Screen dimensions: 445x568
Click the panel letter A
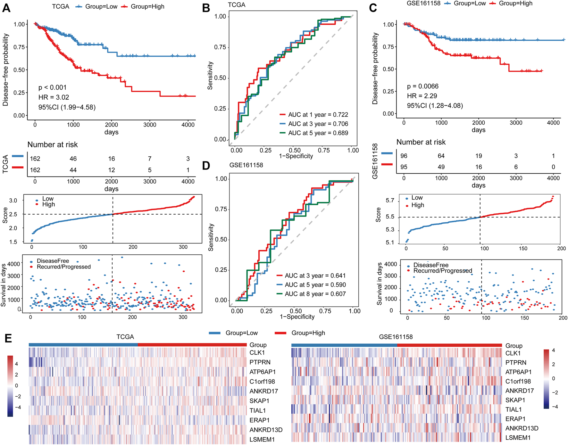(x=6, y=8)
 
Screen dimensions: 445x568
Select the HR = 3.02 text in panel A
(x=54, y=97)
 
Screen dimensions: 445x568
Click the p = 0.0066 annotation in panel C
(x=422, y=87)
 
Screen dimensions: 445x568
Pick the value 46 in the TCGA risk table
(x=73, y=159)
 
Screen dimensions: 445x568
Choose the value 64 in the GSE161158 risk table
(x=441, y=156)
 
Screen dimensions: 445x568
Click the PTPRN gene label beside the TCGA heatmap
(x=260, y=362)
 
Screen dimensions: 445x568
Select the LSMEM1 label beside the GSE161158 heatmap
(x=518, y=438)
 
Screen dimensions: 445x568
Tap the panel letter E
(x=8, y=338)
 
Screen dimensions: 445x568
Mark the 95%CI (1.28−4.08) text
(x=435, y=105)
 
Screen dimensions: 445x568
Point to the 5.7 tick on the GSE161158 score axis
(x=390, y=201)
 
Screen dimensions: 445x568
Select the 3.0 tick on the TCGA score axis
(x=13, y=201)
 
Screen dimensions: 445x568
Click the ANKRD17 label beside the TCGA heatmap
(x=263, y=391)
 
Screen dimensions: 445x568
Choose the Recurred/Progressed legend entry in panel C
(x=442, y=271)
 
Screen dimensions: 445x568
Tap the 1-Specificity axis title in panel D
(x=297, y=317)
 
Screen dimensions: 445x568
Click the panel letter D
(x=206, y=166)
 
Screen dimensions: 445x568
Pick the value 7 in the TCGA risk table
(x=150, y=159)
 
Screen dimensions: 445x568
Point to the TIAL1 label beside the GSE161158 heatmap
(x=513, y=409)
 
